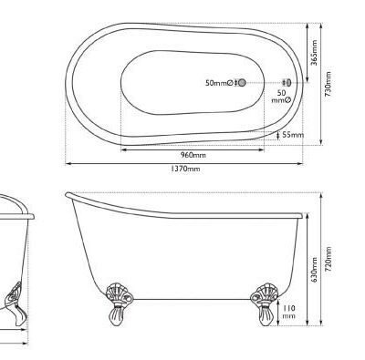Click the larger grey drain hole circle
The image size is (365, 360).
(241, 84)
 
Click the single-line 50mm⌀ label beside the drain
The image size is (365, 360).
(220, 84)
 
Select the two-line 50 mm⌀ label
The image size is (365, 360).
(281, 97)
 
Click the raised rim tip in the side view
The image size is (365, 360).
(69, 196)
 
